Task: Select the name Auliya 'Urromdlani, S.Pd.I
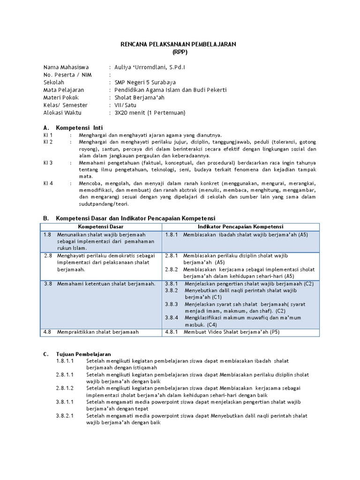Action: (147, 67)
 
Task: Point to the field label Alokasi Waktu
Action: (62, 112)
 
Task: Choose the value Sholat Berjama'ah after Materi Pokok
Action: (140, 97)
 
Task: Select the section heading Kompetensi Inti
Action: (79, 127)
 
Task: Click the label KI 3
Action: (48, 163)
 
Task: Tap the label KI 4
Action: (48, 183)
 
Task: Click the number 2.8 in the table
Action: (48, 256)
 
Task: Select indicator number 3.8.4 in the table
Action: (172, 317)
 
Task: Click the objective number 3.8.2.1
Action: (65, 416)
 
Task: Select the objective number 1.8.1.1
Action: (65, 361)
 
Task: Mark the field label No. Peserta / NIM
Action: (67, 75)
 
